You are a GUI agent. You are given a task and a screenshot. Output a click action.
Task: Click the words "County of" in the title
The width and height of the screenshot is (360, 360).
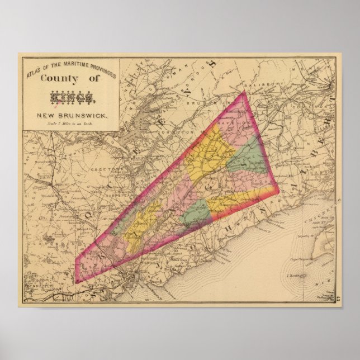coord(70,79)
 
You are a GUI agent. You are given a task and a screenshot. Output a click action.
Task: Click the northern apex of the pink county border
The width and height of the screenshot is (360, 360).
coord(244,92)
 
